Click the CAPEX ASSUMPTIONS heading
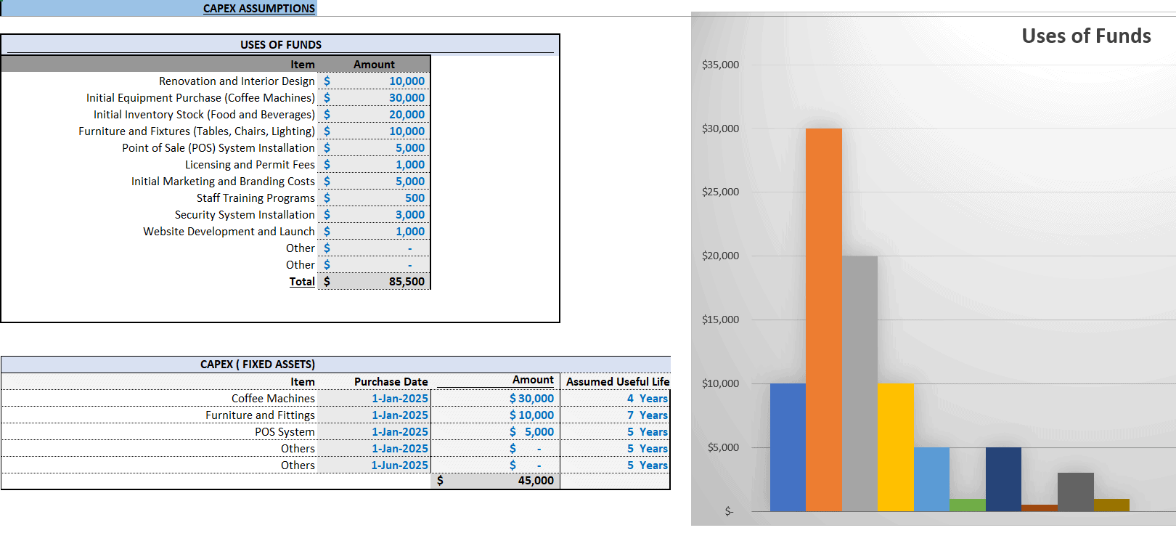259,9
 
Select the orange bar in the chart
824,320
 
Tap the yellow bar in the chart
896,447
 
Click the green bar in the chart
968,505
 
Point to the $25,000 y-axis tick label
720,192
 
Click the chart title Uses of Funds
1086,36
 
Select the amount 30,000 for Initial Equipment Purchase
407,98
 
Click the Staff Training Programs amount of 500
415,198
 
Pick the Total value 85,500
407,282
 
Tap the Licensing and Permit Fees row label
250,164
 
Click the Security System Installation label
245,215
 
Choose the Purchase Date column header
391,382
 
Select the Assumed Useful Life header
617,382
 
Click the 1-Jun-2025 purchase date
399,465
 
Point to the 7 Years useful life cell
648,415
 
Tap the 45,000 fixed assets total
536,481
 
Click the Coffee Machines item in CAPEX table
273,399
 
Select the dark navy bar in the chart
1003,479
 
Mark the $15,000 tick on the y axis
720,320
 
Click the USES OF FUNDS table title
281,44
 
